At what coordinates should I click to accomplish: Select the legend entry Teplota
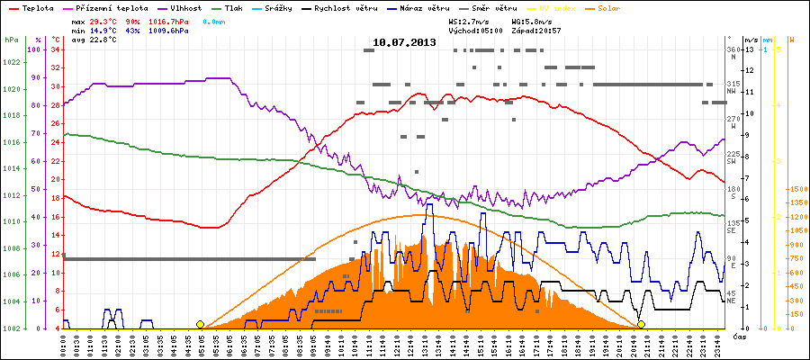35,8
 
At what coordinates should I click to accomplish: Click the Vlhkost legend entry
180,8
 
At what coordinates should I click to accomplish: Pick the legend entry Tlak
233,8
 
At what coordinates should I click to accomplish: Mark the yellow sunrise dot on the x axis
200,324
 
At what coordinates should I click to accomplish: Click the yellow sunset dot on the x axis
641,324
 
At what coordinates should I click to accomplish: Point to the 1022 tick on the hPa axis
12,62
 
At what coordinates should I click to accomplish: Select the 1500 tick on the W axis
797,190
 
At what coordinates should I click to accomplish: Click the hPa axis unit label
11,40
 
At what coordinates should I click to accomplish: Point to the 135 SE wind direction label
733,225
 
